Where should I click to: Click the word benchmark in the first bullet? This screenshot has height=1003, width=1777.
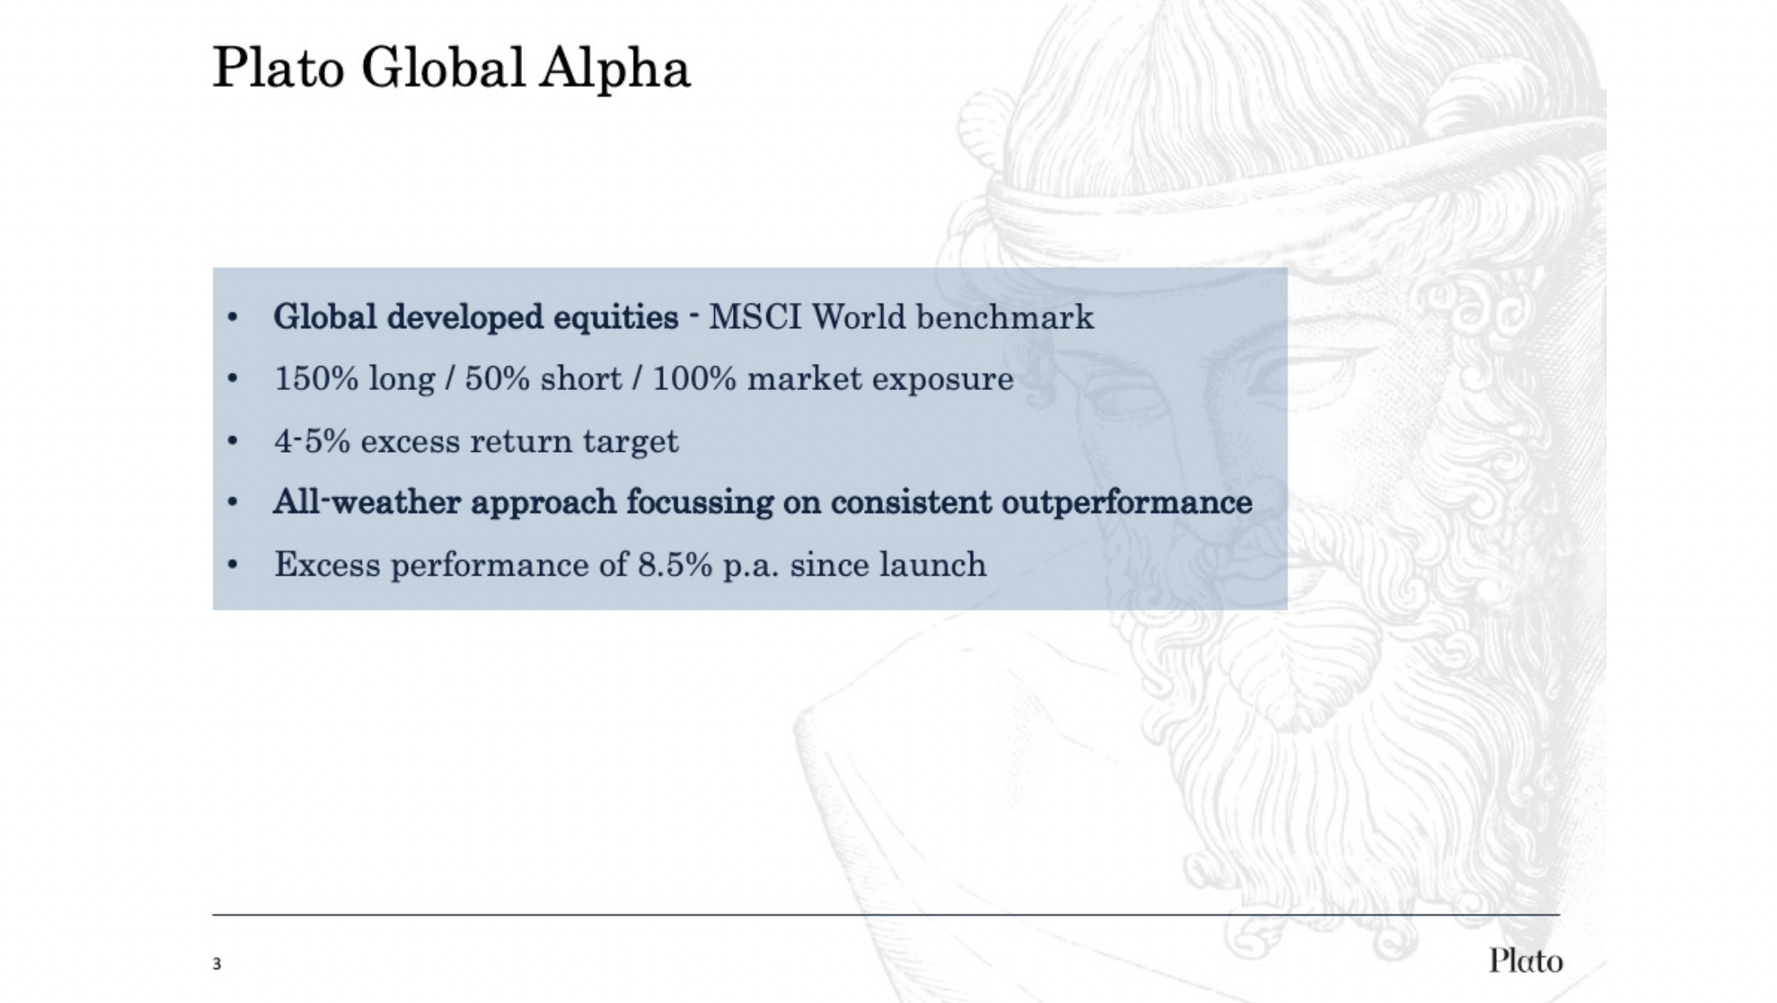(x=1005, y=317)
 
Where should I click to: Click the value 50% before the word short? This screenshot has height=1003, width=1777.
(x=497, y=379)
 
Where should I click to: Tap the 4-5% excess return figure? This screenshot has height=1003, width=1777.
(x=312, y=441)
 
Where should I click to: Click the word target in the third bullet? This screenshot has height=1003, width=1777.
(x=630, y=442)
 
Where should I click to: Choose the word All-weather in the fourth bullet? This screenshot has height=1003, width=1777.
(x=367, y=502)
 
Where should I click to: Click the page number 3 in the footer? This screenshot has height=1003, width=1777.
(x=217, y=964)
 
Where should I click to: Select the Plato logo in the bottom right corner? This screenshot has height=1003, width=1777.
(x=1526, y=961)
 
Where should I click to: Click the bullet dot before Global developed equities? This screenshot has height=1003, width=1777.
(x=233, y=318)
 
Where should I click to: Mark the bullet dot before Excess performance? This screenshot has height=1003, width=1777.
(x=233, y=565)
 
